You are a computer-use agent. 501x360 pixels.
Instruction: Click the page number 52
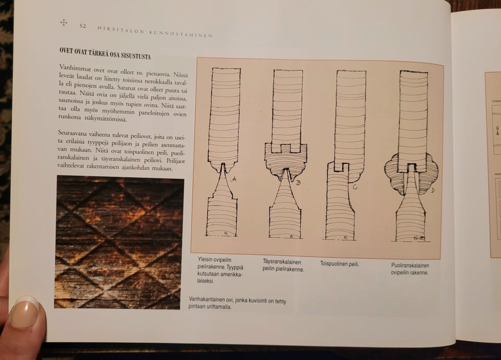[x=83, y=26]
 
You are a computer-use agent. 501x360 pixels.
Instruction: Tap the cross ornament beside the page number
[x=64, y=22]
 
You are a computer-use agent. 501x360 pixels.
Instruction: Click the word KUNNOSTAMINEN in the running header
[x=181, y=33]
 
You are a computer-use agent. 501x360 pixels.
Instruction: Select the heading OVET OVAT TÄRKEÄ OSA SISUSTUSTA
[x=105, y=53]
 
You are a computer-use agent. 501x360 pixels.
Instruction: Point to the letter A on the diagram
[x=233, y=179]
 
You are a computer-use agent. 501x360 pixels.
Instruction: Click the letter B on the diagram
[x=299, y=183]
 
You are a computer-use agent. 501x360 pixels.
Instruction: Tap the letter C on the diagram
[x=355, y=187]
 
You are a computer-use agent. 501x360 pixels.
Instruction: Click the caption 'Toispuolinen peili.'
[x=340, y=264]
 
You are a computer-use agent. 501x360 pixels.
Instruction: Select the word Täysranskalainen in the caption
[x=282, y=262]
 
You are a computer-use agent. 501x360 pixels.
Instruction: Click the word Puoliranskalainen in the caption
[x=410, y=266]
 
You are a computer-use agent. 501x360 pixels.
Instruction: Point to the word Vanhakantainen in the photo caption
[x=206, y=299]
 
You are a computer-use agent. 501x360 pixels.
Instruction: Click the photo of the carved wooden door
[x=119, y=242]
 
